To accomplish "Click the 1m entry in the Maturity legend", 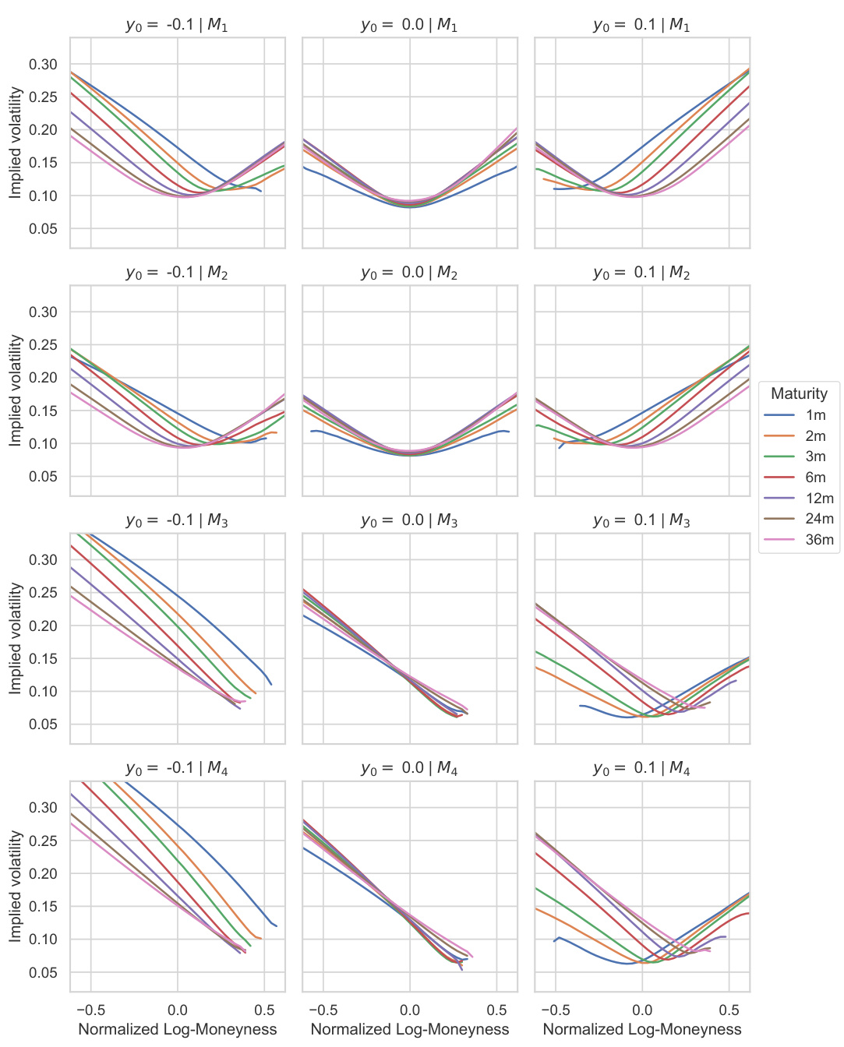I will tap(815, 415).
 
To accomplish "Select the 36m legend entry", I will tap(819, 540).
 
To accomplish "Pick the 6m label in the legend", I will tap(815, 478).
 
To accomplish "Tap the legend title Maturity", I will tap(799, 393).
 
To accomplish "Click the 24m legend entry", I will tap(819, 519).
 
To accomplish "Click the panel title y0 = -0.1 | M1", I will tap(177, 25).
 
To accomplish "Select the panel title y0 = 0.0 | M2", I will tap(409, 273).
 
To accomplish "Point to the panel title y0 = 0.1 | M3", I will tap(641, 520).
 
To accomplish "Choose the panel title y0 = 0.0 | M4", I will tap(409, 768).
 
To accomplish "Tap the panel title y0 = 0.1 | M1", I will tap(641, 25).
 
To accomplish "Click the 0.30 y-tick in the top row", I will tap(44, 65).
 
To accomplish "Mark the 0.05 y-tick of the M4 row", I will tap(44, 972).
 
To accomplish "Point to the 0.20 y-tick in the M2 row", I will tap(44, 378).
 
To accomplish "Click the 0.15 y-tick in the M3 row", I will tap(44, 658).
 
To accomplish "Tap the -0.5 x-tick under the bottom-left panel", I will tap(91, 1010).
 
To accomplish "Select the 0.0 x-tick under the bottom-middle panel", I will tap(410, 1010).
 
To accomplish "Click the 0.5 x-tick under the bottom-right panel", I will tap(729, 1010).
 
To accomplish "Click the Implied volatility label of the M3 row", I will tap(16, 638).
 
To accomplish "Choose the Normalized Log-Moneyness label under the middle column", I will tap(410, 1030).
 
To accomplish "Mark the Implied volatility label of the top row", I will tap(16, 143).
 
